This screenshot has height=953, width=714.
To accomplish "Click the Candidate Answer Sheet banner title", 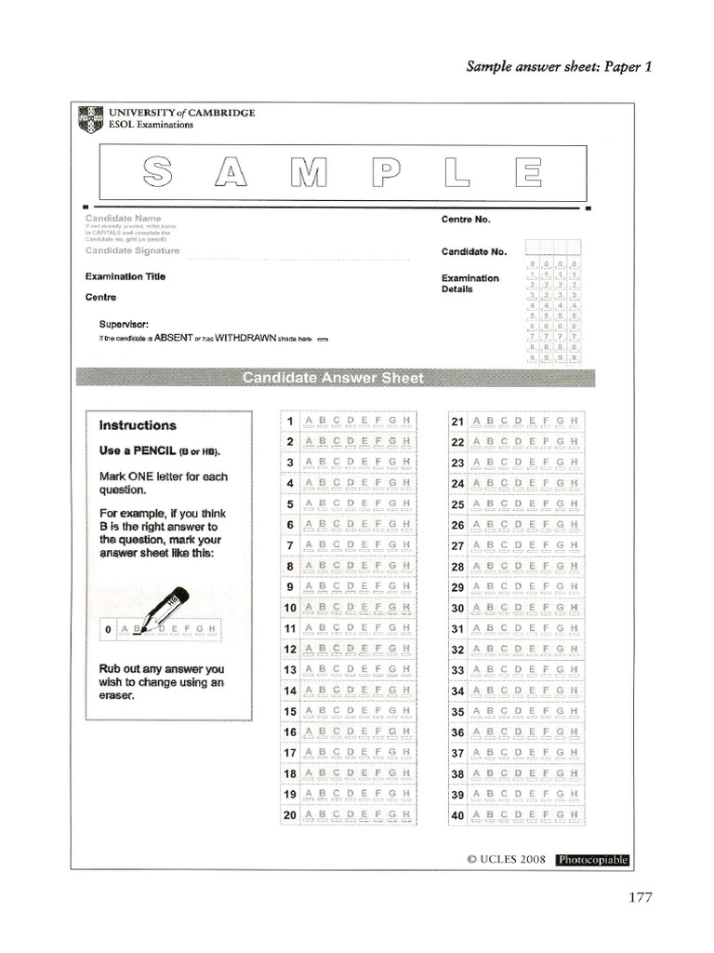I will (332, 378).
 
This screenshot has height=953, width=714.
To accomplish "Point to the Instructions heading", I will (138, 425).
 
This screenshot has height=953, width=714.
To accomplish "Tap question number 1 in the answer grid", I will (290, 422).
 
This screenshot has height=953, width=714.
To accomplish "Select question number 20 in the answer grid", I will (289, 814).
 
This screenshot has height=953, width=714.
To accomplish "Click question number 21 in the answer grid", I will (457, 422).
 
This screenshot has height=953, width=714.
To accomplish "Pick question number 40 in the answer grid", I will (457, 814).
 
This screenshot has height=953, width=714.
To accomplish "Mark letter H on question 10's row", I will (406, 608).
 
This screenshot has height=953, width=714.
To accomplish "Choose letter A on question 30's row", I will (478, 608).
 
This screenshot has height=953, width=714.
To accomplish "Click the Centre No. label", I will (466, 220).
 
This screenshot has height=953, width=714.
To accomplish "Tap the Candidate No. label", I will (474, 251).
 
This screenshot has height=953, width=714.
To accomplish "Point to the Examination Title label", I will (126, 276).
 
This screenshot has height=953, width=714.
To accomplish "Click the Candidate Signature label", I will (132, 250).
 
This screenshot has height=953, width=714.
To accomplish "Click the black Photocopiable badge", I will (592, 860).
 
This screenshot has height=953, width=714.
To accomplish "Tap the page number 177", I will (640, 897).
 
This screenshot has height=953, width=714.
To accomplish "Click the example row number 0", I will (109, 630).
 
